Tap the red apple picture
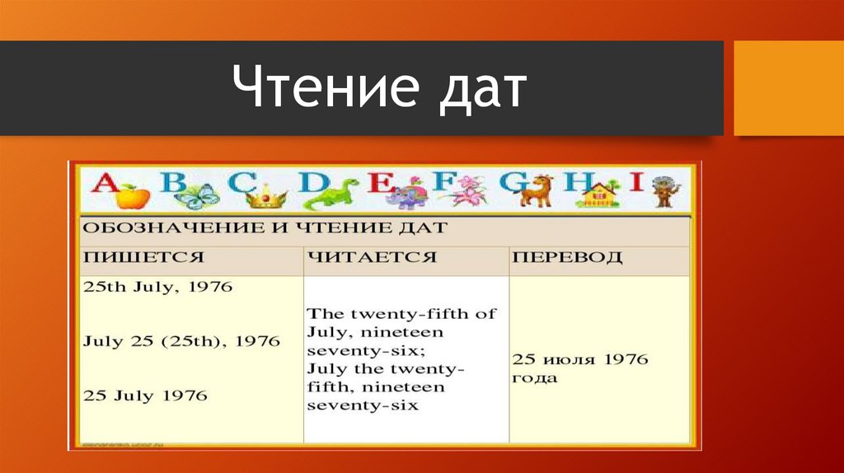132,196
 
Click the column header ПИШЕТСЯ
143,257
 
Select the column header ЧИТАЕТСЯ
371,257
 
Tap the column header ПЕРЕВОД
567,257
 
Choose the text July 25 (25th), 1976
181,340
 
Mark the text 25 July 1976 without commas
145,395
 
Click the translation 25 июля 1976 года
580,368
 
